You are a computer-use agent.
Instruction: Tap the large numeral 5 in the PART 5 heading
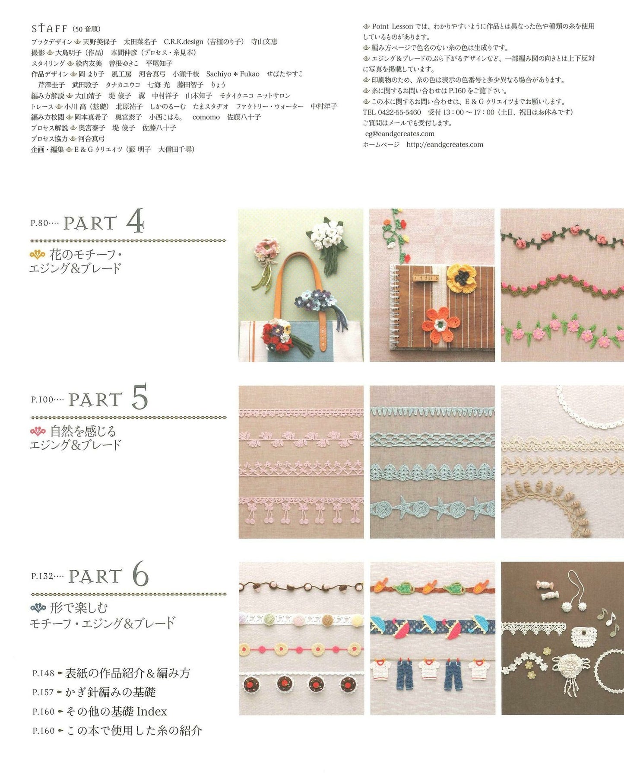point(139,396)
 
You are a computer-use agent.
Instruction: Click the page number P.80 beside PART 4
point(39,224)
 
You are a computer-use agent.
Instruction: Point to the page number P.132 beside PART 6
point(42,576)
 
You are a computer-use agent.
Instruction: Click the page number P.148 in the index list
point(43,673)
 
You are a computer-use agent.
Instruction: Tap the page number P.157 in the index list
point(43,692)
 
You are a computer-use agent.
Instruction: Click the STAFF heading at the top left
point(49,29)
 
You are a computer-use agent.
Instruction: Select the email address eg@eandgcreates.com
point(400,134)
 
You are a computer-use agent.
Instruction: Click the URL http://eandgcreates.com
point(445,144)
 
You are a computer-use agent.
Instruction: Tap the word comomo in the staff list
point(206,117)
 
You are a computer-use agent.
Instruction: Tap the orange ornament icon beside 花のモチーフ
point(37,255)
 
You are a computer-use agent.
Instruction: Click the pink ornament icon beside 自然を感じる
point(38,431)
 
